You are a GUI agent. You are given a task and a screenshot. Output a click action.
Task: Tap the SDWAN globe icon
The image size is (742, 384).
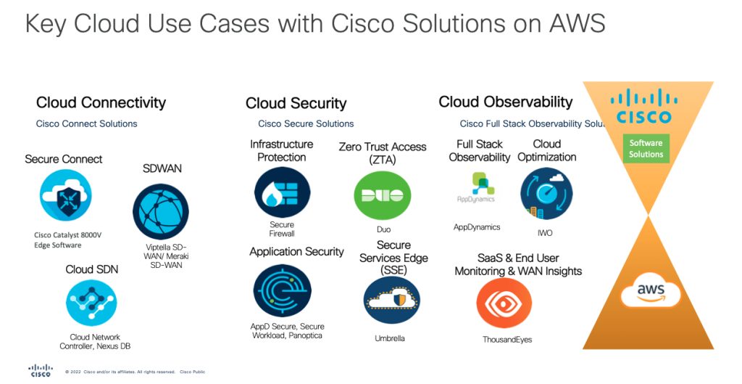pos(160,211)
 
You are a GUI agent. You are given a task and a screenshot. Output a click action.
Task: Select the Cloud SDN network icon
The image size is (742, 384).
pos(91,302)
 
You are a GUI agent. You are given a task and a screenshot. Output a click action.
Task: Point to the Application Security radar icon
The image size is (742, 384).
pos(282,291)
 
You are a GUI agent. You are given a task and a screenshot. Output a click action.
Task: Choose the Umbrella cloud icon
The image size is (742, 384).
pos(391,301)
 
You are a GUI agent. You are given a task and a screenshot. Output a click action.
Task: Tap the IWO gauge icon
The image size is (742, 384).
pos(546,193)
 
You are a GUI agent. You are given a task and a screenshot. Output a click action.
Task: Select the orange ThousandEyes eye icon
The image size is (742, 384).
pos(504,303)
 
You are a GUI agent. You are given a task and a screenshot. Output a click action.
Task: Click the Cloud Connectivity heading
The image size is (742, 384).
pos(101,103)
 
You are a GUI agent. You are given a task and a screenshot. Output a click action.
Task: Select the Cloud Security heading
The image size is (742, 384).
pos(296,104)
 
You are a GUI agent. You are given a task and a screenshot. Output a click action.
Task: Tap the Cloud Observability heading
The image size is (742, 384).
pos(505,102)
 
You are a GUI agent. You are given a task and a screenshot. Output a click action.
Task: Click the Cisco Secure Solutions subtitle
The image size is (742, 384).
pos(306,124)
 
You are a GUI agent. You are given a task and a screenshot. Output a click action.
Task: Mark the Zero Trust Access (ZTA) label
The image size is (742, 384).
pos(382,153)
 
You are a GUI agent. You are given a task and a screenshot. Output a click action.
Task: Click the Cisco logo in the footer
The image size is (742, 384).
pos(41,370)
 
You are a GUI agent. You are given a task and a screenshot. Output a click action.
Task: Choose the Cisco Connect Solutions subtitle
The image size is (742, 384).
pos(86,124)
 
